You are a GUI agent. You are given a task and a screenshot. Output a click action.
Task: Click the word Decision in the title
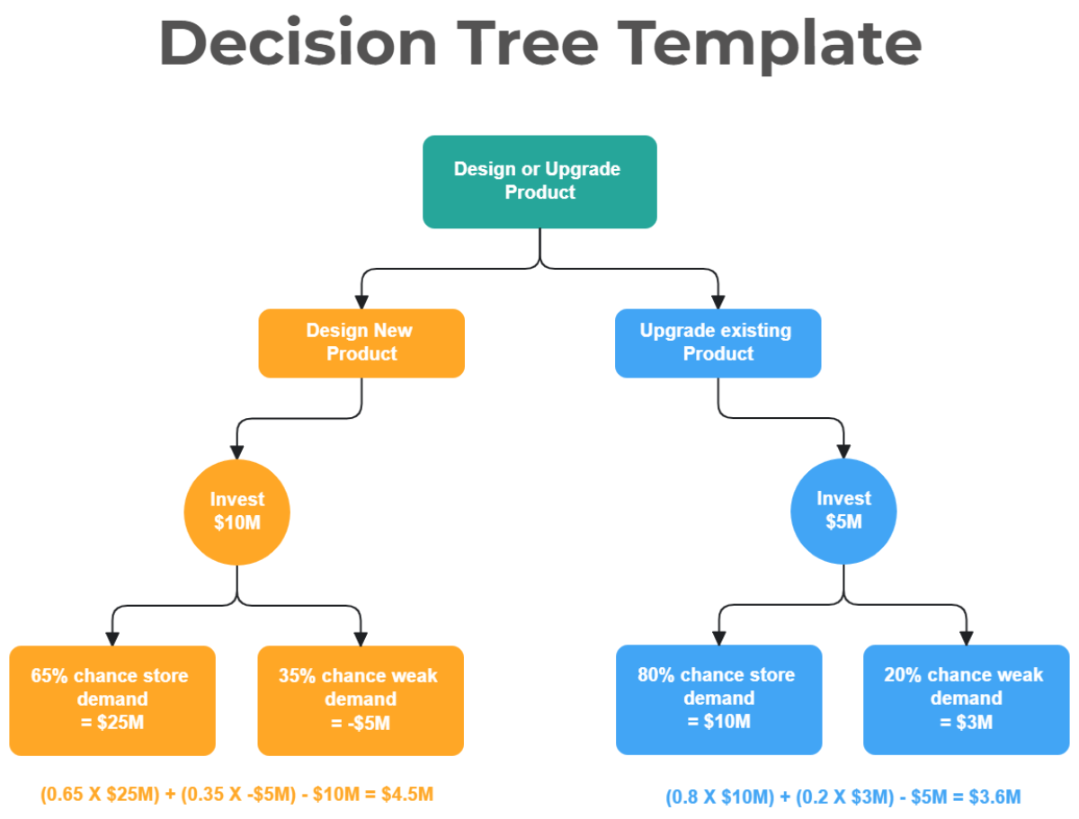[298, 44]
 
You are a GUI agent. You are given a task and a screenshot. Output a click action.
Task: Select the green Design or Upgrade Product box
[539, 181]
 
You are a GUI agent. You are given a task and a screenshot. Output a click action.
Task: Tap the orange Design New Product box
[361, 343]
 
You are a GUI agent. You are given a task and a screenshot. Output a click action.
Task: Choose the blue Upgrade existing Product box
[718, 343]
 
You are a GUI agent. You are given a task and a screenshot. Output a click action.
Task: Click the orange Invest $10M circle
[237, 512]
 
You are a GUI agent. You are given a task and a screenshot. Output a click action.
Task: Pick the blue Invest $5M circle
[843, 511]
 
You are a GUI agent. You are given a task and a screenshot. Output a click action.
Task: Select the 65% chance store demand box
[112, 699]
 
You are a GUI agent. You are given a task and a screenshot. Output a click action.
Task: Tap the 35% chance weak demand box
[361, 699]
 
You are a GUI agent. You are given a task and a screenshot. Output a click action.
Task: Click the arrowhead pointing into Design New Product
[361, 301]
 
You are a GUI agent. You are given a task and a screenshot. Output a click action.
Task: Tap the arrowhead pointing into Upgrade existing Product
[718, 301]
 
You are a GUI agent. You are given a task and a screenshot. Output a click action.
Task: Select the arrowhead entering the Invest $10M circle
[237, 451]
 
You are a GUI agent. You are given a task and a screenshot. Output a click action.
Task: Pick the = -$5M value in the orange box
[360, 723]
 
